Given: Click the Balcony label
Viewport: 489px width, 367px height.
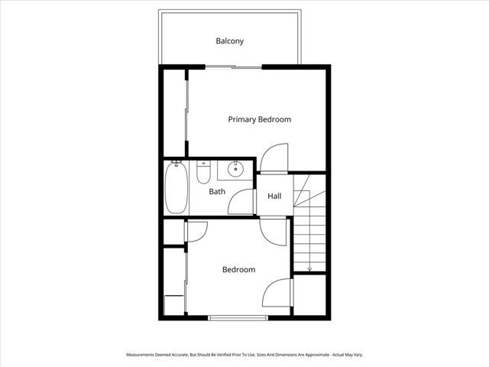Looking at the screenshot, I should point(229,41).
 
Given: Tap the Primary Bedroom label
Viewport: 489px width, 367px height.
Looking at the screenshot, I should point(260,119).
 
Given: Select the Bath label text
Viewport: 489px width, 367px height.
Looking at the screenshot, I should point(217,191).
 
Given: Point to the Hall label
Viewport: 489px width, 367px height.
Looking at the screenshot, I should point(274,196).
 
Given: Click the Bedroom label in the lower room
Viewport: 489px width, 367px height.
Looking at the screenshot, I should point(238,269).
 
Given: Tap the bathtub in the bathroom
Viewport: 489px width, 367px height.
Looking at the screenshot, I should point(176,188).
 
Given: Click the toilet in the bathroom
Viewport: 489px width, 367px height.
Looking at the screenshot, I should point(202,173).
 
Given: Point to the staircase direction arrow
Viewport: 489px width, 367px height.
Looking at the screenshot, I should point(309,268).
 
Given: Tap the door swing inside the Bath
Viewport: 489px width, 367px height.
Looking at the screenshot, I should point(241,200).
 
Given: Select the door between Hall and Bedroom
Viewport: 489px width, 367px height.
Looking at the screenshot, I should point(273,230).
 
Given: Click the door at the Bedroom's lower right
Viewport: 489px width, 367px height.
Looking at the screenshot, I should point(278,295).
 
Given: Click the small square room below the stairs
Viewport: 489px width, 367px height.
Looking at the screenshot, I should point(310,296).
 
